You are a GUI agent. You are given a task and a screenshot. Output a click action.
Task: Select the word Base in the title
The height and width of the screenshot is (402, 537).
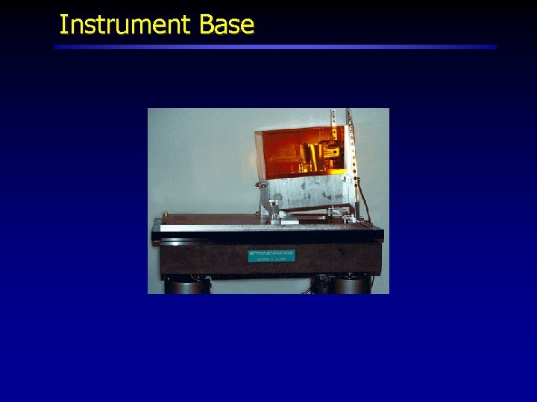[227, 25]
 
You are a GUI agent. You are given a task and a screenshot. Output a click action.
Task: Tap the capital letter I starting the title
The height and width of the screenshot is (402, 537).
[63, 25]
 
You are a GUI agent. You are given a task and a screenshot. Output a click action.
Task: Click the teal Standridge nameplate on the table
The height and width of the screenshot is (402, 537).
[271, 257]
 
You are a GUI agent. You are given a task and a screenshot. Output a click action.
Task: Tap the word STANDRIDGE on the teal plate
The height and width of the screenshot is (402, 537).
[271, 254]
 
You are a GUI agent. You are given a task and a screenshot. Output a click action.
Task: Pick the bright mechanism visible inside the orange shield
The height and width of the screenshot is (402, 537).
[313, 156]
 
